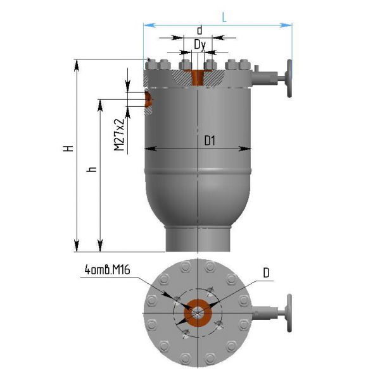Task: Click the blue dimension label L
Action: coord(224,18)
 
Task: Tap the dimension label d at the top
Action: coord(199,30)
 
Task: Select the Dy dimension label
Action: coord(200,46)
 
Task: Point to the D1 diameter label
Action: coord(210,140)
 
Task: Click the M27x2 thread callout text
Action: coord(119,135)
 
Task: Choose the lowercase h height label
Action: coord(92,169)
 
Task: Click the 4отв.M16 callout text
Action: coord(108,270)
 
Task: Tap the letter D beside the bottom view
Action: coord(266,273)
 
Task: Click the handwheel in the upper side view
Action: coord(289,78)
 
